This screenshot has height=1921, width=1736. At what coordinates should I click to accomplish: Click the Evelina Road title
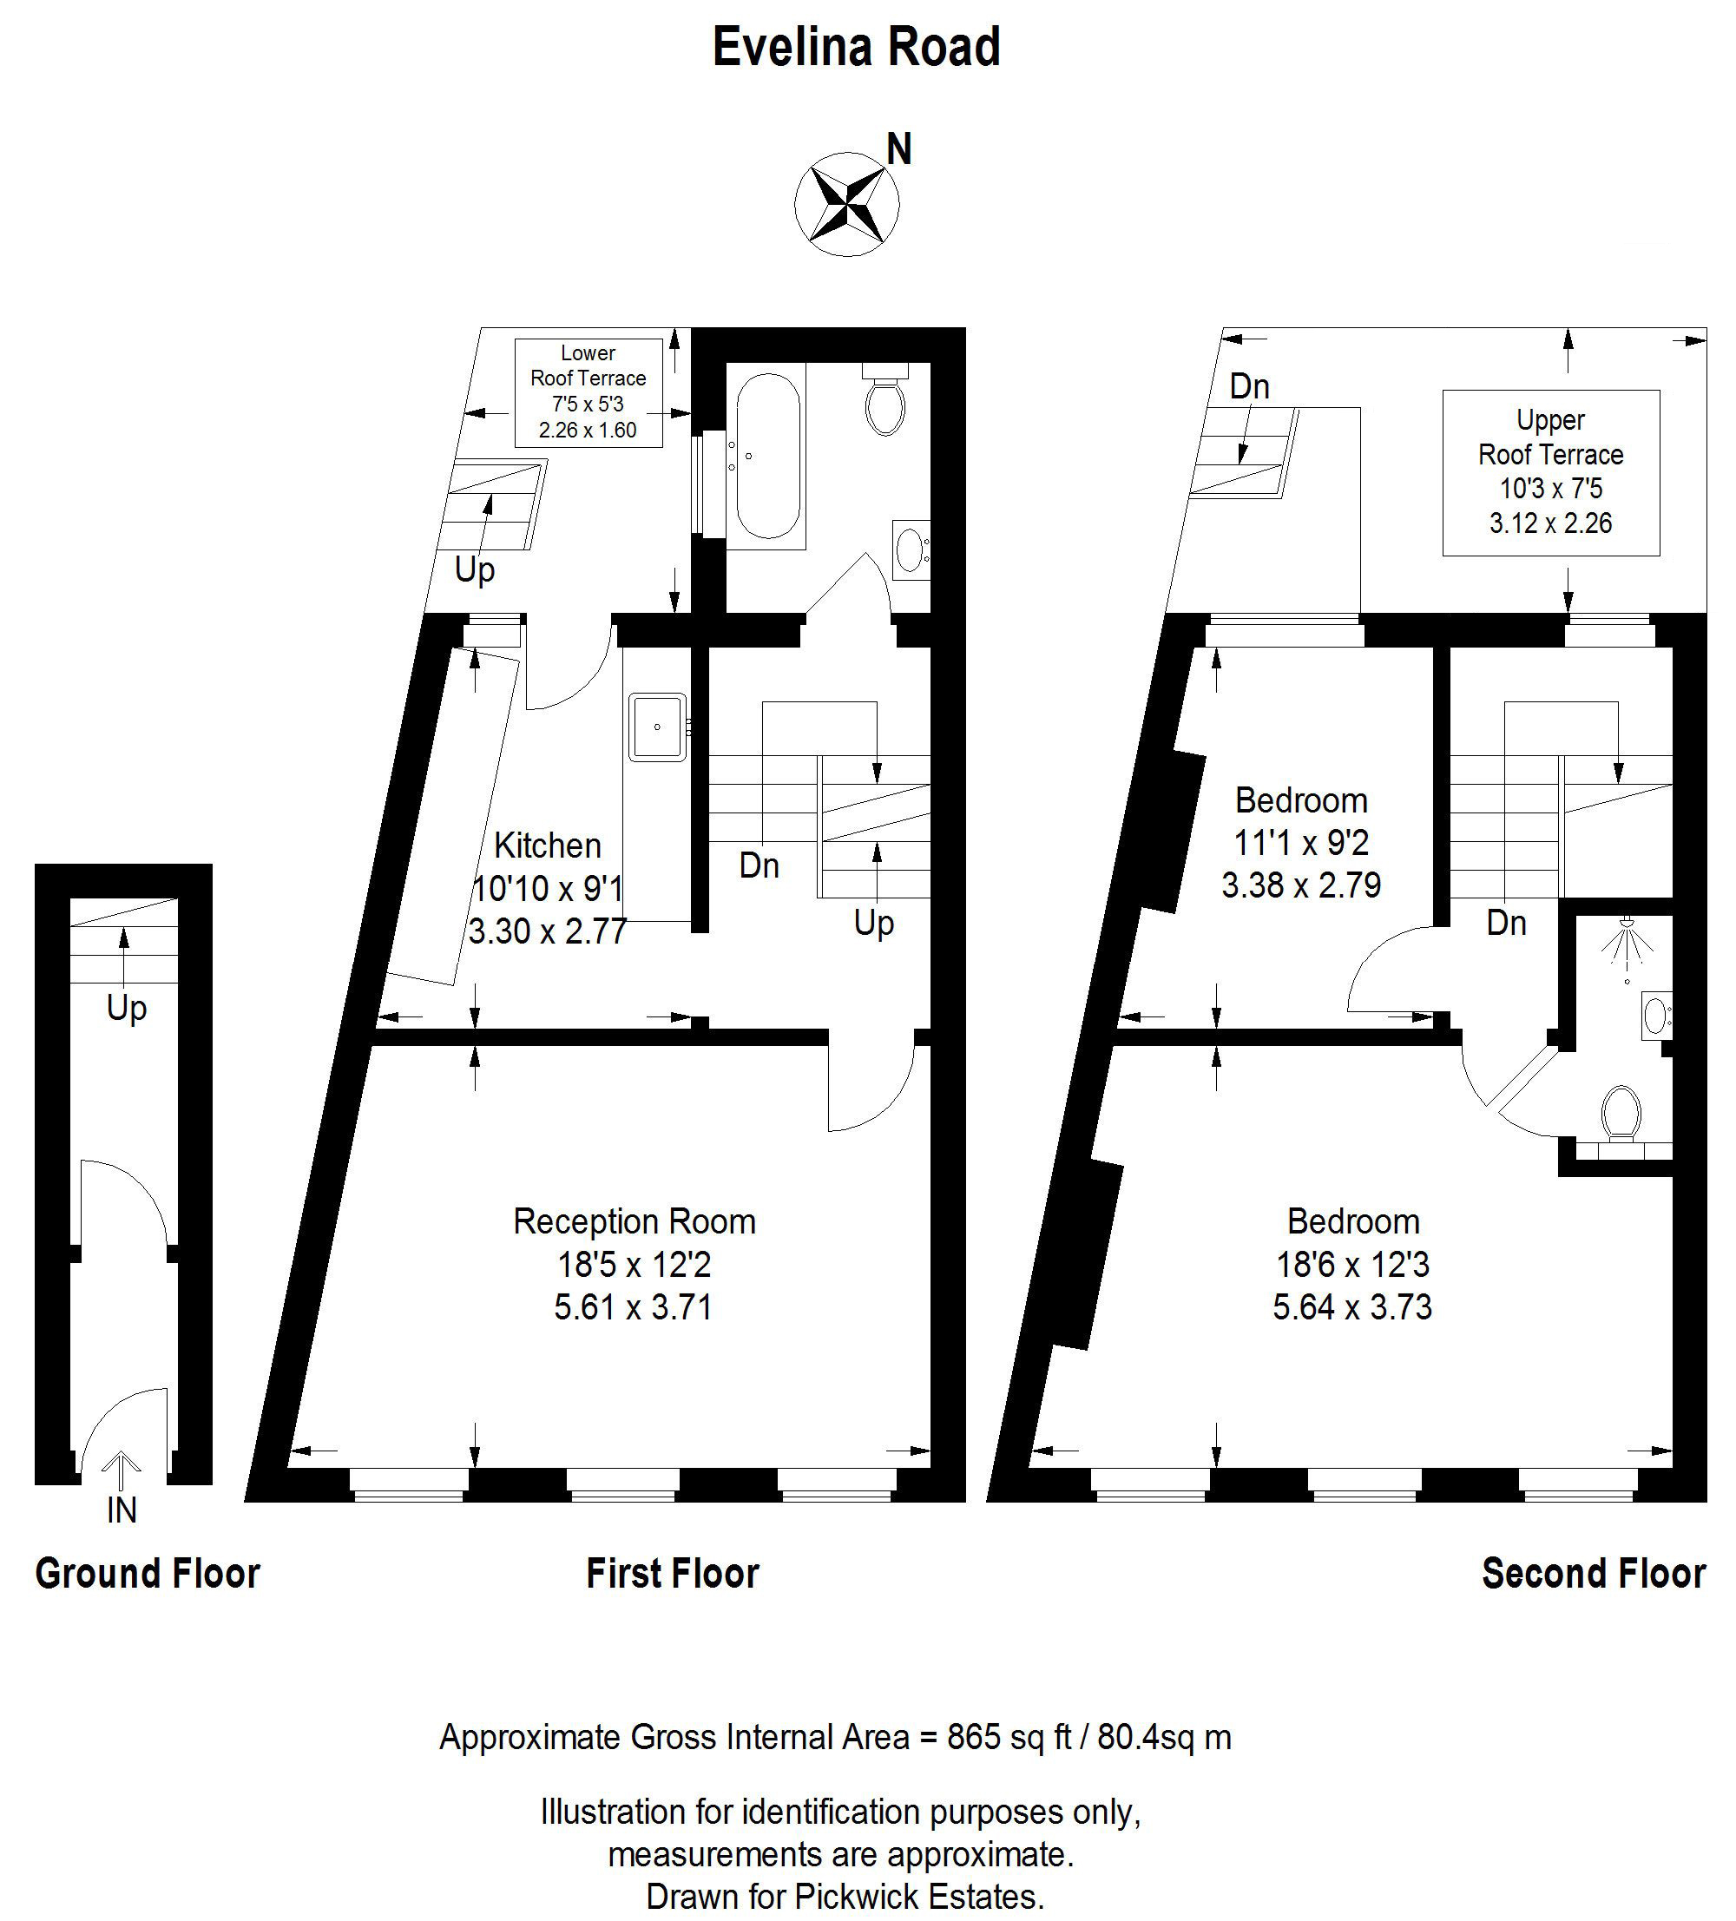(x=856, y=48)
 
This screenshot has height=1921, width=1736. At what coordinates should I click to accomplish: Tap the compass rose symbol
(x=847, y=204)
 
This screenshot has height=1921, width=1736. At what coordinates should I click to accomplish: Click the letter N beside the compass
(x=899, y=149)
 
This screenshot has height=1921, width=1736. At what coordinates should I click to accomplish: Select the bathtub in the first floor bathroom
(x=767, y=457)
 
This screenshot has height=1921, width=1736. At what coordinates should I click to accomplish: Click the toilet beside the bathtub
(x=885, y=400)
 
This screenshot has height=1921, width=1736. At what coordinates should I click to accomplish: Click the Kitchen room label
(x=548, y=845)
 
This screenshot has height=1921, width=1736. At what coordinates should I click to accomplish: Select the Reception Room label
(x=635, y=1221)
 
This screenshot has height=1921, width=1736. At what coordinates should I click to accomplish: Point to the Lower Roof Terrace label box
(x=588, y=392)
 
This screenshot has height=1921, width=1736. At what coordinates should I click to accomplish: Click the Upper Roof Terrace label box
(x=1550, y=472)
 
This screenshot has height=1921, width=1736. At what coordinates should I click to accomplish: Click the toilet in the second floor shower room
(x=1621, y=1113)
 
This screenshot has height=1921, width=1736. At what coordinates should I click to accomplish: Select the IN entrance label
(x=122, y=1510)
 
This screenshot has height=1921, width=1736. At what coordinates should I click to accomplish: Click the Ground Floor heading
(x=148, y=1573)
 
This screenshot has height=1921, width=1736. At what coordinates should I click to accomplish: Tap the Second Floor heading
(x=1594, y=1573)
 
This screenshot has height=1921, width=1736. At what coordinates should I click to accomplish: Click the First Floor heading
(x=673, y=1573)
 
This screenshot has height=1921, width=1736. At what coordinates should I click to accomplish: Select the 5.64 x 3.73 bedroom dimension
(x=1352, y=1306)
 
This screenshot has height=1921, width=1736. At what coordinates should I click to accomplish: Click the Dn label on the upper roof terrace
(x=1249, y=386)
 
